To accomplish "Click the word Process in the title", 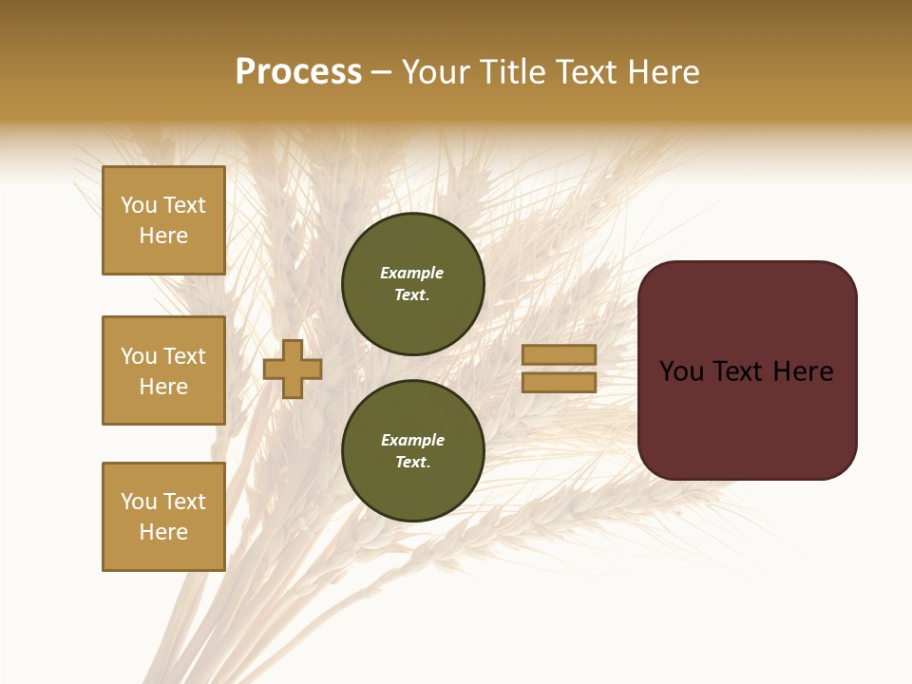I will click(298, 72).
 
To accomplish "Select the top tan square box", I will click(163, 220).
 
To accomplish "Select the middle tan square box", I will click(163, 370).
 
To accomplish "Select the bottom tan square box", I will click(163, 517).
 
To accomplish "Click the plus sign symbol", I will click(293, 369).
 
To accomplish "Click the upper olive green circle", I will click(412, 284).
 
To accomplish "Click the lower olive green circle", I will click(412, 451).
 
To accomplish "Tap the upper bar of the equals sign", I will click(559, 354).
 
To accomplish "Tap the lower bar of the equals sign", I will click(559, 382).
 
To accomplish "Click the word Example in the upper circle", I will click(412, 273).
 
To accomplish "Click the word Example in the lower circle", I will click(412, 440).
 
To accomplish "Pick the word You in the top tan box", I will click(139, 205).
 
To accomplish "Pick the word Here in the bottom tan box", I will click(163, 532).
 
